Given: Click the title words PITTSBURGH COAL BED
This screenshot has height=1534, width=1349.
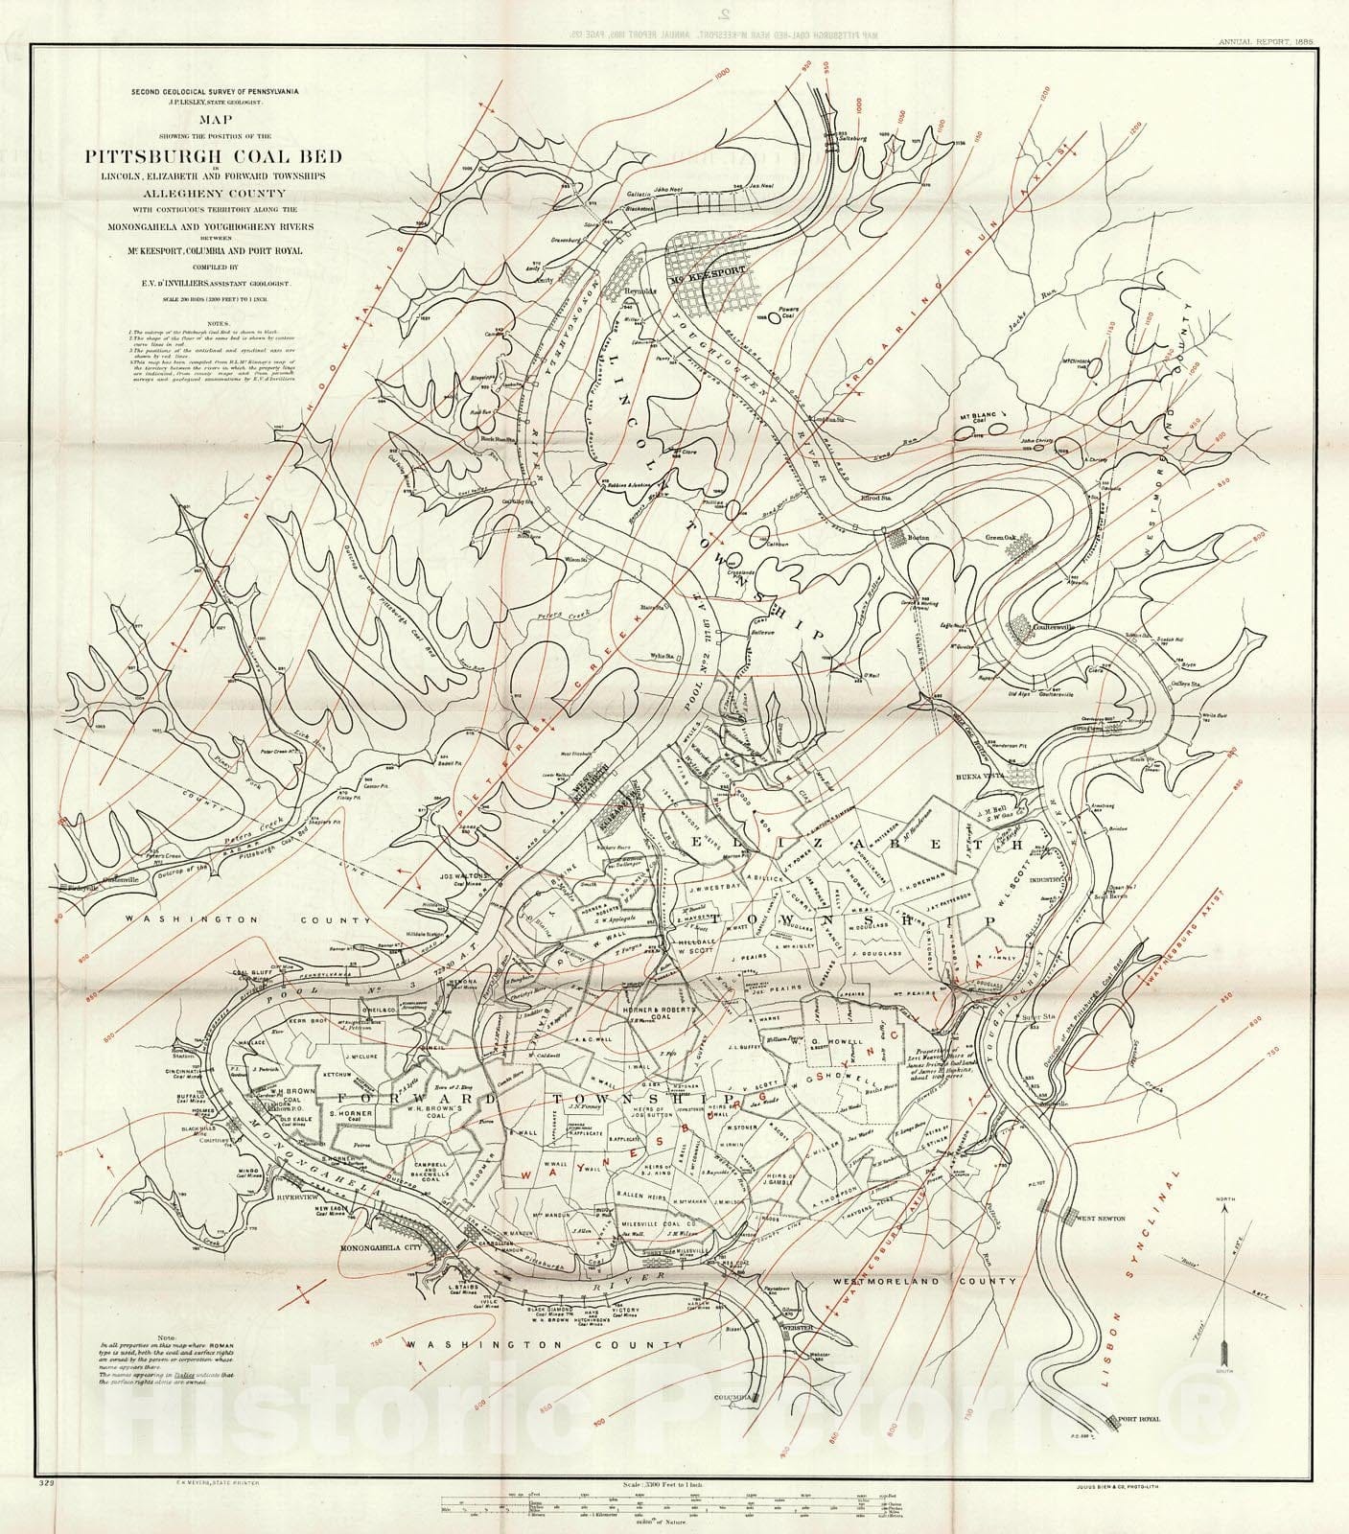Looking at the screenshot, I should [x=214, y=156].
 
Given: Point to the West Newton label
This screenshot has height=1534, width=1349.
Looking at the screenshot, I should [x=1102, y=1219].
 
